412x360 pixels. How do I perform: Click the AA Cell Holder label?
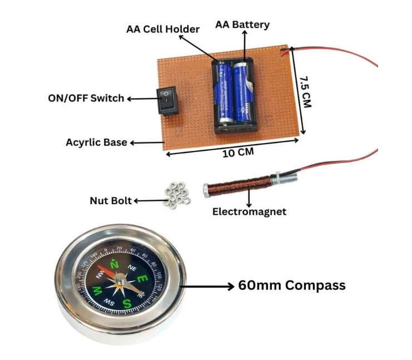click(x=162, y=29)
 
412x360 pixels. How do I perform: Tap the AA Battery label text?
click(x=242, y=24)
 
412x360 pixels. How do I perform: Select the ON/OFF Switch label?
click(x=86, y=98)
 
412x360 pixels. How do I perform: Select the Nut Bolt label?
click(x=111, y=200)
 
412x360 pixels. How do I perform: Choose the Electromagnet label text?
click(x=249, y=211)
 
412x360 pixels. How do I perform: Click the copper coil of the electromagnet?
click(x=239, y=184)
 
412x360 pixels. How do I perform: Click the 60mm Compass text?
click(x=292, y=285)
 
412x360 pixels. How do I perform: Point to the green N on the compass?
click(x=115, y=265)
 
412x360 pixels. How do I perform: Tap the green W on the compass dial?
click(x=98, y=290)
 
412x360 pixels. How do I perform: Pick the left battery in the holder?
click(x=225, y=92)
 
